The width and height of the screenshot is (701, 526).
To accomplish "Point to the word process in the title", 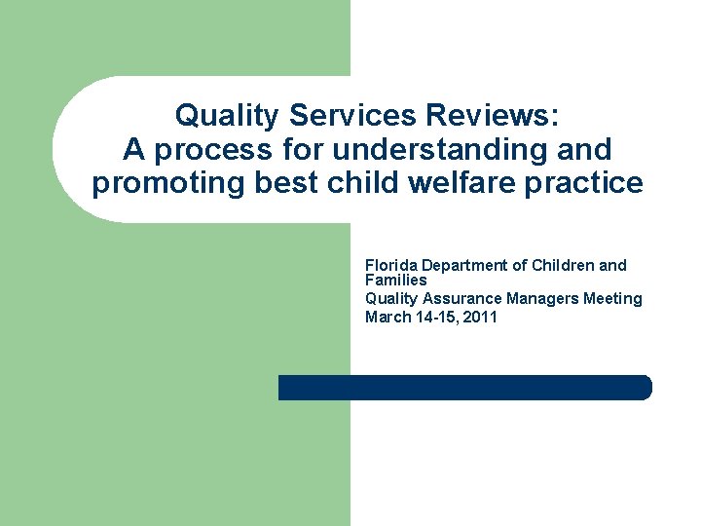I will [x=203, y=150].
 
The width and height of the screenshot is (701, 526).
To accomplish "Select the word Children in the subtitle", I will [x=565, y=265].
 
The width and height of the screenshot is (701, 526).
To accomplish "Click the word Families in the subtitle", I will [x=395, y=280].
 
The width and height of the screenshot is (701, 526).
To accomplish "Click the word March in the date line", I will [x=386, y=317].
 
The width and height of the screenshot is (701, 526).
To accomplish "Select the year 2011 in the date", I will [x=480, y=317].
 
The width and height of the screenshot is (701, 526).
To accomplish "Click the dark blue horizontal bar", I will [x=464, y=387].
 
